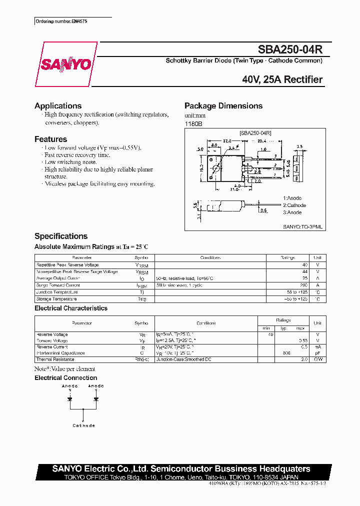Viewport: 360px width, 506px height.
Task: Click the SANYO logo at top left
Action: [x=66, y=64]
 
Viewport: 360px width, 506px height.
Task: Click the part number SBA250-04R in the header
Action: [x=290, y=49]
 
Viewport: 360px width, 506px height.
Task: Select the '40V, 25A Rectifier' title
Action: [x=282, y=79]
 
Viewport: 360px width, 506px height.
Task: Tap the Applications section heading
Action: [x=58, y=106]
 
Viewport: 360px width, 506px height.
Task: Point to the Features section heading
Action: [x=50, y=139]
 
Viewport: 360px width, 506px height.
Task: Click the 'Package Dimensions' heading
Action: [x=223, y=106]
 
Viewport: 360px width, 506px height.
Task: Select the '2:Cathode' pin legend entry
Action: [x=294, y=205]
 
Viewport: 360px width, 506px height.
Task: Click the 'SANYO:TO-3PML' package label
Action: [x=302, y=226]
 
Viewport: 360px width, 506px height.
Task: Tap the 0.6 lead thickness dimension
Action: [x=263, y=210]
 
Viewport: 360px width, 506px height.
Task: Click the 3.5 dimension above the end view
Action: [x=299, y=146]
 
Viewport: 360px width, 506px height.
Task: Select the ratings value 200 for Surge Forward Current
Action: [x=303, y=285]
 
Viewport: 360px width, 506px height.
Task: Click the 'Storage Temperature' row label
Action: [x=56, y=299]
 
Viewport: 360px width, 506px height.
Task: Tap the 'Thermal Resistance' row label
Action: [x=55, y=359]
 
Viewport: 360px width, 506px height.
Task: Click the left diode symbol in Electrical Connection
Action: [x=70, y=399]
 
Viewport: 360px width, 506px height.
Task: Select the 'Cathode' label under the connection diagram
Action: [x=83, y=425]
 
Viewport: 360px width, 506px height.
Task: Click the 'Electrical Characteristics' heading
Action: [x=71, y=308]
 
